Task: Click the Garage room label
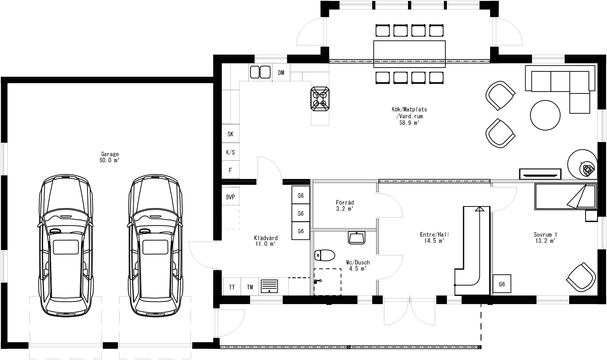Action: tap(110, 157)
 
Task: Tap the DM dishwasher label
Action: tap(281, 73)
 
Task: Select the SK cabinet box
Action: tap(230, 134)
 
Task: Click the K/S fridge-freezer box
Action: tap(230, 152)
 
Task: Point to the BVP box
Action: tap(230, 197)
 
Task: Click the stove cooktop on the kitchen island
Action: tap(320, 98)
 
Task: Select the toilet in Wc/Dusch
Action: tap(324, 255)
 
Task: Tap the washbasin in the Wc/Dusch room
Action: tap(357, 237)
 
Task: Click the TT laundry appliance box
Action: tap(232, 287)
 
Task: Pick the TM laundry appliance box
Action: tap(250, 287)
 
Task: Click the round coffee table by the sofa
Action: tap(545, 115)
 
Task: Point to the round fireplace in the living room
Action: tap(582, 164)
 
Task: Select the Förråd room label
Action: tap(345, 205)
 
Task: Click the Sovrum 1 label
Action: tap(545, 237)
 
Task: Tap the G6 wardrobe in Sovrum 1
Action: tap(502, 284)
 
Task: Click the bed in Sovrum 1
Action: tap(565, 196)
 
